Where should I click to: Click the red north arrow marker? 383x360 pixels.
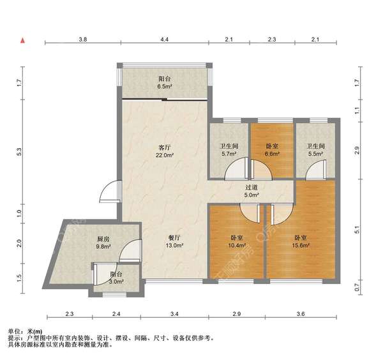tap(22, 40)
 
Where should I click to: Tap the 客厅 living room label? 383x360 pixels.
tap(165, 147)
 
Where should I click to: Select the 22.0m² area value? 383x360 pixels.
tap(165, 155)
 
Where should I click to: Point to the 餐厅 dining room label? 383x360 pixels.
tap(175, 238)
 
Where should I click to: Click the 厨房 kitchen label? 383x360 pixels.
tap(103, 239)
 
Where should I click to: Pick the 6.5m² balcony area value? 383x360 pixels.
tap(165, 86)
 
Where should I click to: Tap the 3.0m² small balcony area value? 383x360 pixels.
tap(116, 281)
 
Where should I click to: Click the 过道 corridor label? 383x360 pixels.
tap(252, 188)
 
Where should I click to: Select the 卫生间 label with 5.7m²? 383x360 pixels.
tap(229, 146)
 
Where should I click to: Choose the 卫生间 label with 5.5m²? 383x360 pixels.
tap(315, 146)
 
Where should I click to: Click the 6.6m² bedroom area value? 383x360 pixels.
tap(272, 154)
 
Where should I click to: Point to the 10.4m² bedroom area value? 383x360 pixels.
tap(237, 245)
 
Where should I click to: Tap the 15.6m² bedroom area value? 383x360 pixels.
tap(301, 245)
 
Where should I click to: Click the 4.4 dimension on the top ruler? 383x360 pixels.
tap(165, 39)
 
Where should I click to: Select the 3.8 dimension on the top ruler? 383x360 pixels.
tap(83, 39)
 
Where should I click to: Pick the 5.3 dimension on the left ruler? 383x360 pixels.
tap(20, 152)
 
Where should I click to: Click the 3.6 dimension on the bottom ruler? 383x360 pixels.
tap(301, 313)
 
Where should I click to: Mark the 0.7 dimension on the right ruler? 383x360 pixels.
tap(357, 287)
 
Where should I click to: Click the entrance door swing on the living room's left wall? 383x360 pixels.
tap(109, 191)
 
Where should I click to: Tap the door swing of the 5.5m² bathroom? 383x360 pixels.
tap(316, 170)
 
